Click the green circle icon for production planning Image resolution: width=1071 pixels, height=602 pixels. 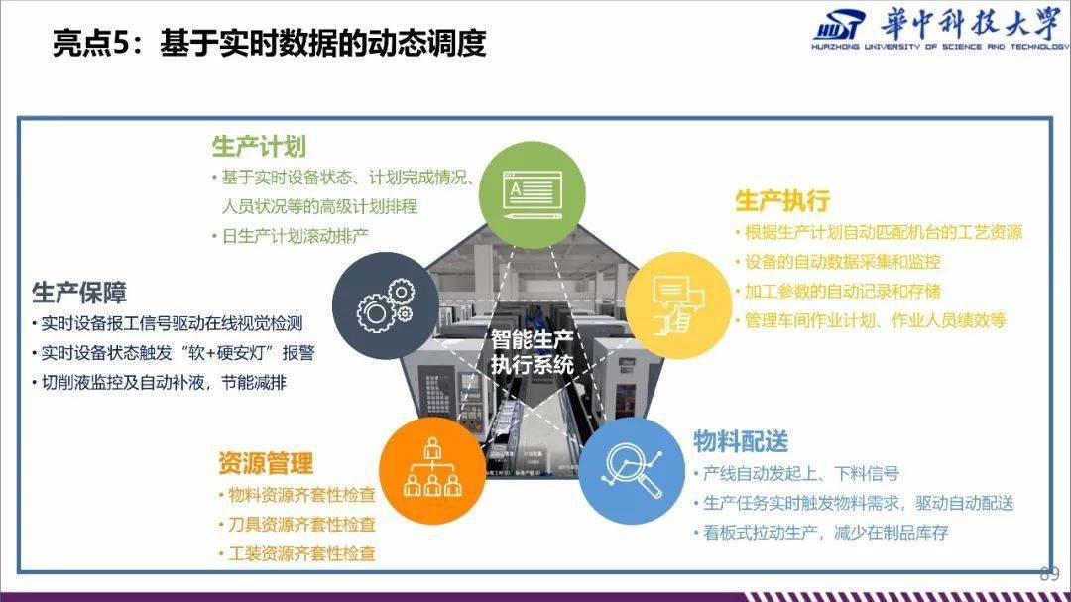tap(533, 194)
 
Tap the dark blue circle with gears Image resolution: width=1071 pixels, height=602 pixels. tap(386, 305)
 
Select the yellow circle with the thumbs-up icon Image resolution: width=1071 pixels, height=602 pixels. tap(678, 305)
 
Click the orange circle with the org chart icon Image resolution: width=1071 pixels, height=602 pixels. tap(432, 471)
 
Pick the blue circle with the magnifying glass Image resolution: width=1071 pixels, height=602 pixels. tap(633, 471)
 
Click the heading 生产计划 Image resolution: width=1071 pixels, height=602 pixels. tap(259, 147)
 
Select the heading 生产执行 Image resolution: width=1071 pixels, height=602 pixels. tap(782, 201)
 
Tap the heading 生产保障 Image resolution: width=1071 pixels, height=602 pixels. tap(79, 293)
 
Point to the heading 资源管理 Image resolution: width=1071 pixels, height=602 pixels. tap(266, 463)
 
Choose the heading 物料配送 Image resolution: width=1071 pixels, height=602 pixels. tap(741, 441)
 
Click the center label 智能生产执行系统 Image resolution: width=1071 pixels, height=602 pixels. tap(533, 352)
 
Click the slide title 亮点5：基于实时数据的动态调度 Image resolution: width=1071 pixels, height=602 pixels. tap(269, 43)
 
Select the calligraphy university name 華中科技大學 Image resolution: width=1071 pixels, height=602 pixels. tap(971, 24)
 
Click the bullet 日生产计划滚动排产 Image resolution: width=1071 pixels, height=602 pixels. tap(291, 236)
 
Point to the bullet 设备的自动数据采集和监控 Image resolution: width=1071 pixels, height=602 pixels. tap(838, 262)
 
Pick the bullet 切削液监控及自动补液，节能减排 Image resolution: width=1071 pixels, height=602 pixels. tap(159, 383)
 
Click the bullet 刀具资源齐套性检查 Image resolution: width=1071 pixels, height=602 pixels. tap(297, 524)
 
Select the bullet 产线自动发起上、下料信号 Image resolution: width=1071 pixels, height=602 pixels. tap(797, 473)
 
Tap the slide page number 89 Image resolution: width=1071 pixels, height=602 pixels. tap(1049, 574)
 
